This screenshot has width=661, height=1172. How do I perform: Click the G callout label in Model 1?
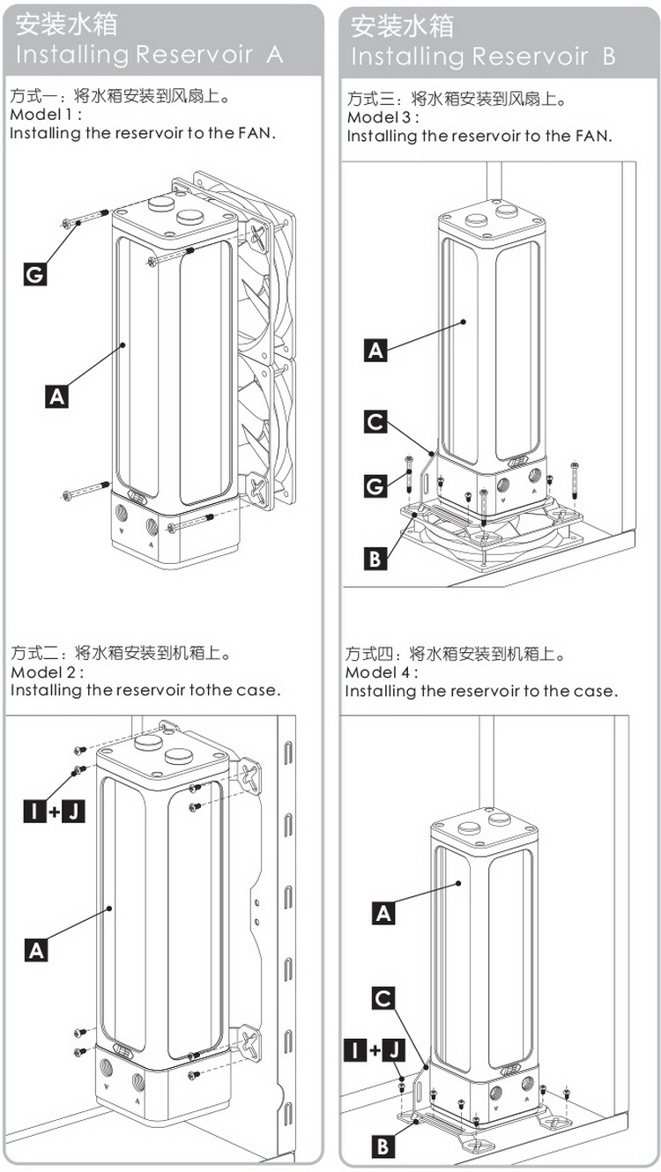point(35,274)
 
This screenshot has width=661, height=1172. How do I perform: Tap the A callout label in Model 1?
point(56,396)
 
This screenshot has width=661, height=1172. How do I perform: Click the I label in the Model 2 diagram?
point(34,812)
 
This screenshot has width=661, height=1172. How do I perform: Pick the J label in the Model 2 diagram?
point(73,812)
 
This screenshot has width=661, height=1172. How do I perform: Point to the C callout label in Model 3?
point(375,421)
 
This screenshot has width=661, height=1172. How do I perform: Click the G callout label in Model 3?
point(375,486)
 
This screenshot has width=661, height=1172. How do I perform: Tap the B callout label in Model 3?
point(375,559)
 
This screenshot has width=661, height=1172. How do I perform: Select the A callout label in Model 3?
point(375,351)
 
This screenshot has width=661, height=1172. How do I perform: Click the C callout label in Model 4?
point(383,998)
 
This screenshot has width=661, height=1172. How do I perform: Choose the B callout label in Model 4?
point(383,1147)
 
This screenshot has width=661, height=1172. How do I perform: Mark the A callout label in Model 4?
point(383,914)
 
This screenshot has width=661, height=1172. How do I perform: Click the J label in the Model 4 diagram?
point(393,1050)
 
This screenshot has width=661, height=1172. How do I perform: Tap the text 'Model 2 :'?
point(47,671)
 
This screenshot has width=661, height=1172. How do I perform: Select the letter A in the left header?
point(275,55)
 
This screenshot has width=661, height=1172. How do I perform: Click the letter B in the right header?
point(609,56)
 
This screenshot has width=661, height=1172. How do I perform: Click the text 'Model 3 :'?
point(382,116)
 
